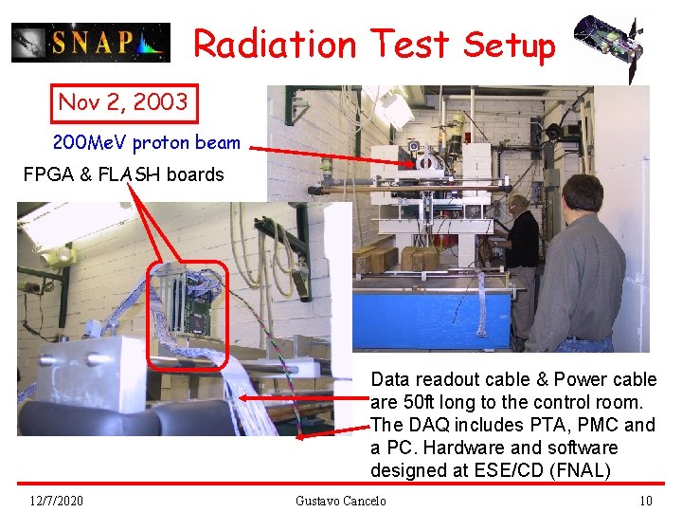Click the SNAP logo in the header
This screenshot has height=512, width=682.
click(91, 43)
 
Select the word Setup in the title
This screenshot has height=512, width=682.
click(509, 45)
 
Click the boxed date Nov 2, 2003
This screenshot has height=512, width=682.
click(124, 101)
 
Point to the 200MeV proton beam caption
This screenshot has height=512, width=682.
click(147, 143)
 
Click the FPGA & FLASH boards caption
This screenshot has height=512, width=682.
click(124, 174)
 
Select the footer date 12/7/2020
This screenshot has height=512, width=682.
click(56, 501)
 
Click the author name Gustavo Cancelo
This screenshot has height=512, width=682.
click(340, 501)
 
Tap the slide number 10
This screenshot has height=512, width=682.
click(646, 501)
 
